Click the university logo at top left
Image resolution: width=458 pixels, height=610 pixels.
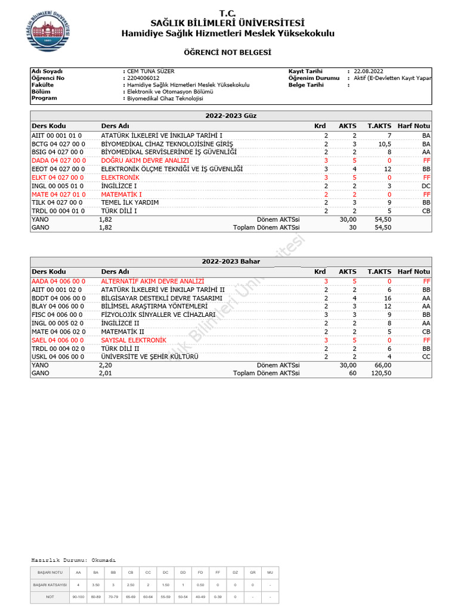49,32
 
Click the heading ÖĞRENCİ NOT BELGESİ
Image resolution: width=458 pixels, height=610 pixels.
228,53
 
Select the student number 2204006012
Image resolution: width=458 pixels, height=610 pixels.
143,78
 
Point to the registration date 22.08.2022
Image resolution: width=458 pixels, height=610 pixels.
370,71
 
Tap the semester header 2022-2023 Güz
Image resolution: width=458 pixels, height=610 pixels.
230,116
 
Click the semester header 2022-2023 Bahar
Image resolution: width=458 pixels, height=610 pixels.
230,261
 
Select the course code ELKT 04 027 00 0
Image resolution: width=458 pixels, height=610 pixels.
58,178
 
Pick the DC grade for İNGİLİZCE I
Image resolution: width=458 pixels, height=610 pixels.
425,186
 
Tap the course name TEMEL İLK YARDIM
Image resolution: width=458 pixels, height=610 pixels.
129,203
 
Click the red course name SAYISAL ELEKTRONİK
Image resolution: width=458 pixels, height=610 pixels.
133,340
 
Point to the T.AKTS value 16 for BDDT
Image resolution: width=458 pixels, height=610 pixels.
387,298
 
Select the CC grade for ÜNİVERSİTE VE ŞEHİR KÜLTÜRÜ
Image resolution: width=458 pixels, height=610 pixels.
425,357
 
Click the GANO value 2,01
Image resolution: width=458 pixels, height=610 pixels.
105,374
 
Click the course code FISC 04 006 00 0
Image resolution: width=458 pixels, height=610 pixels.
58,315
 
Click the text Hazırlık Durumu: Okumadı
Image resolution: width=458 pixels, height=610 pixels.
73,560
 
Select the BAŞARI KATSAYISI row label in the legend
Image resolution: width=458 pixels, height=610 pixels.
49,586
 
